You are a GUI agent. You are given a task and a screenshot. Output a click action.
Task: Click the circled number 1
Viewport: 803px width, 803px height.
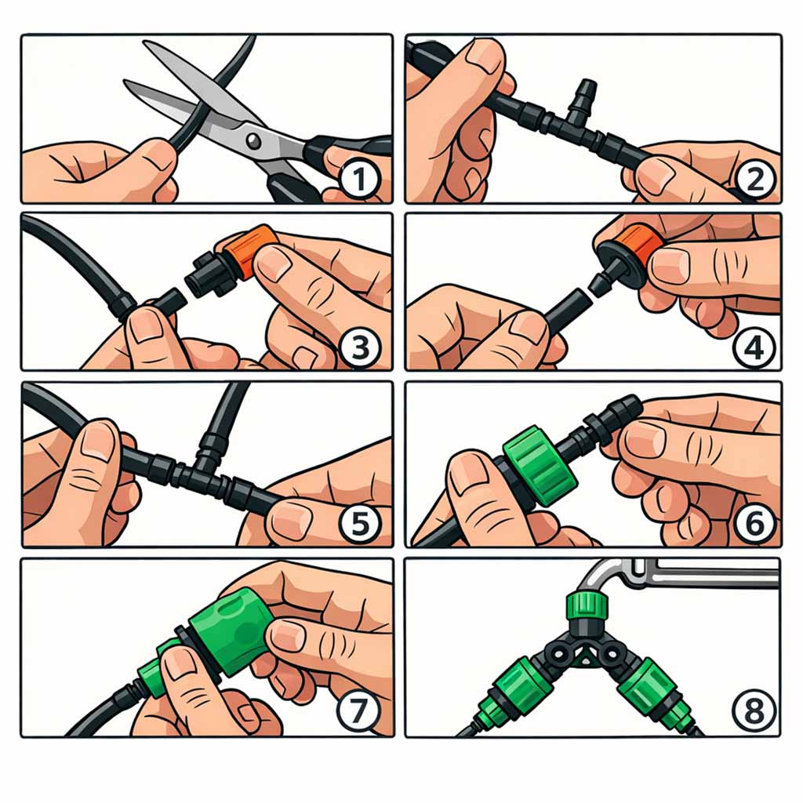tap(360, 180)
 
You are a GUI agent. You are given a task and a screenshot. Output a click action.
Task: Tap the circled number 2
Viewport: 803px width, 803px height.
tap(755, 180)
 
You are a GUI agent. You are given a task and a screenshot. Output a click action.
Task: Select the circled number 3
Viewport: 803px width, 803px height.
tap(360, 347)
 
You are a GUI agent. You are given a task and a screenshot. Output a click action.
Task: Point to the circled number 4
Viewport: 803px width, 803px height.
tap(754, 347)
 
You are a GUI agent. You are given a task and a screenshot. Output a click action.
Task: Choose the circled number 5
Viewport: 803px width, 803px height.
tap(360, 523)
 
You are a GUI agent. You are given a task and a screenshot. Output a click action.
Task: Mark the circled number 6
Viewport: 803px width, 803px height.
tap(754, 523)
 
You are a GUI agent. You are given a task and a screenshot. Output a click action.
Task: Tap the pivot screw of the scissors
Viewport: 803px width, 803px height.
tap(253, 140)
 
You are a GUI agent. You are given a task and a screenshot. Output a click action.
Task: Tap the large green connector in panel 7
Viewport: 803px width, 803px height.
tap(231, 631)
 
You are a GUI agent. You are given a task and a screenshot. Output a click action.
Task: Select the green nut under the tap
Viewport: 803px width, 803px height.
tap(587, 606)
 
